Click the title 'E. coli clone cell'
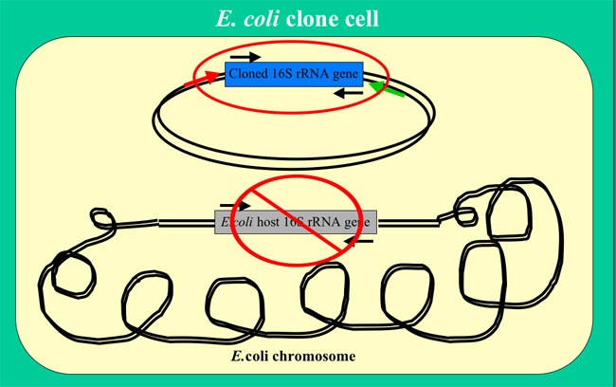click(x=308, y=18)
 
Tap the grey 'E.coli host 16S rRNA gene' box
click(x=295, y=221)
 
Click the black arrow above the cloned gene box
click(x=244, y=56)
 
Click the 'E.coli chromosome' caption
click(x=293, y=356)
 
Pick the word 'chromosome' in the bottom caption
click(x=312, y=356)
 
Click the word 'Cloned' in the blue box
click(x=248, y=73)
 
